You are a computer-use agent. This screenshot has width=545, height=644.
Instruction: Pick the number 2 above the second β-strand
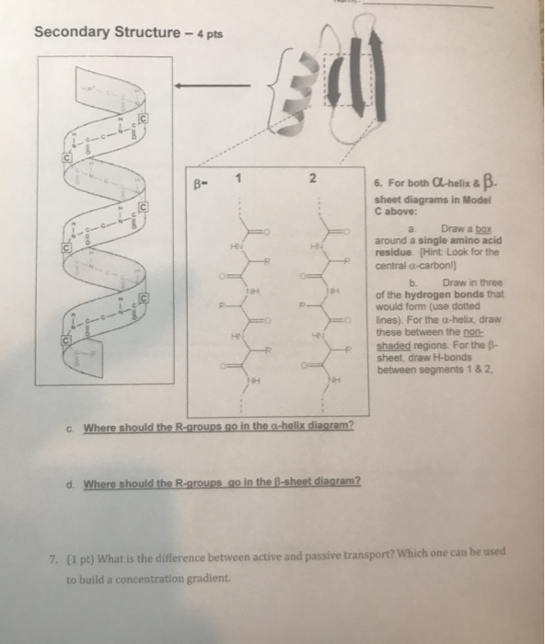[x=312, y=178]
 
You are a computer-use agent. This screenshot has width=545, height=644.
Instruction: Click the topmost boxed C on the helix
[x=142, y=117]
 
